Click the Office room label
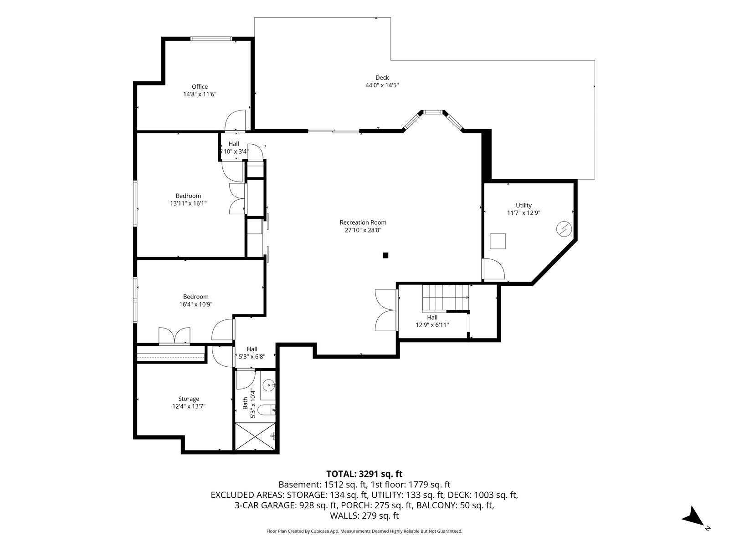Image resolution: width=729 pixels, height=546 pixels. (200, 87)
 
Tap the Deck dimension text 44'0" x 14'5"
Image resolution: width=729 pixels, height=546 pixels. (382, 85)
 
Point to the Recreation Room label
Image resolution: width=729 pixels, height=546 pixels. (363, 222)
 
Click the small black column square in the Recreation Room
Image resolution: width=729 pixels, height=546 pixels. (385, 255)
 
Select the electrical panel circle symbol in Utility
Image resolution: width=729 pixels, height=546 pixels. (564, 229)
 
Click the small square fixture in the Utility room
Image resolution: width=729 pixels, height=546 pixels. (498, 241)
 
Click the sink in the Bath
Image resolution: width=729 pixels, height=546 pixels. (268, 385)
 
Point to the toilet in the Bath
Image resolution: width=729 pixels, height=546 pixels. (267, 410)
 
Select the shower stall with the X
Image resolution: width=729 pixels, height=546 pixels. (255, 436)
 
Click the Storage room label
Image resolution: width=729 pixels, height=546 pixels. (189, 399)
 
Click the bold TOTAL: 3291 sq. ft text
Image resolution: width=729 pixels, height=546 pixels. (364, 474)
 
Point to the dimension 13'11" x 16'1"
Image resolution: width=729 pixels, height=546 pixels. (188, 203)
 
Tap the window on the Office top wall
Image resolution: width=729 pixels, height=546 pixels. (211, 39)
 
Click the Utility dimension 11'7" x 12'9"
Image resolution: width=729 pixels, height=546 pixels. (524, 213)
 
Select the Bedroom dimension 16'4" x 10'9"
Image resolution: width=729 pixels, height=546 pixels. (196, 304)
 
